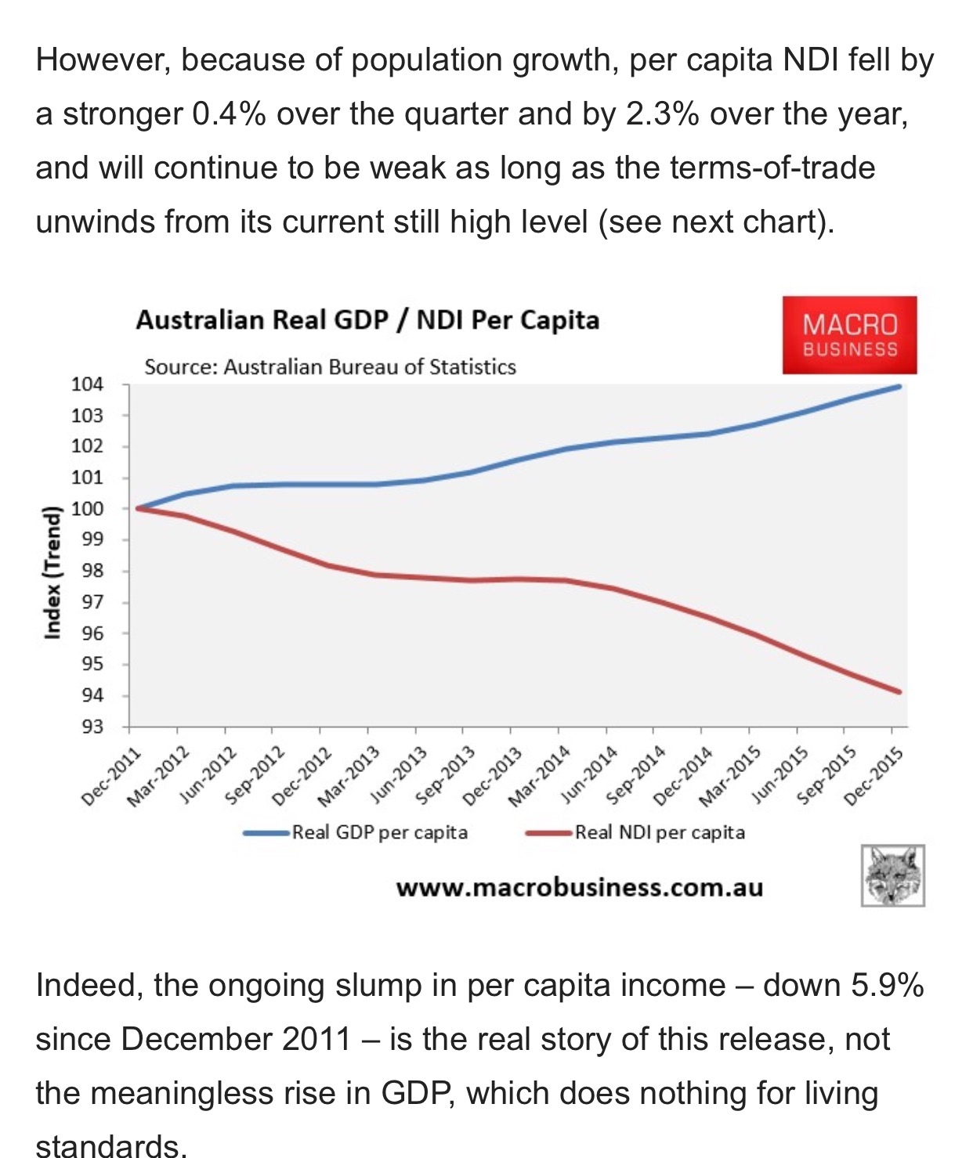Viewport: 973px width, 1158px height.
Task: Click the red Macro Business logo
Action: (x=849, y=335)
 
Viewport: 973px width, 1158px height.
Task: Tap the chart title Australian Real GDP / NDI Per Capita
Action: (x=367, y=320)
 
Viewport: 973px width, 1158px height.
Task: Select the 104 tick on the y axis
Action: (x=87, y=384)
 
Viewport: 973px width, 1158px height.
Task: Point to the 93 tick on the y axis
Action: (x=92, y=727)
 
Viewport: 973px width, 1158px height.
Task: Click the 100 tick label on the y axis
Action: (x=87, y=508)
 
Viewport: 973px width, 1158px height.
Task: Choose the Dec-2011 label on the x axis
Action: (x=111, y=776)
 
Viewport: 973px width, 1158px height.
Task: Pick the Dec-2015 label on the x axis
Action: (x=874, y=776)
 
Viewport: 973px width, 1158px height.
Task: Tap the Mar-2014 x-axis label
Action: (x=539, y=776)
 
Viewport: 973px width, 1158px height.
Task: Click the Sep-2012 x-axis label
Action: (x=253, y=776)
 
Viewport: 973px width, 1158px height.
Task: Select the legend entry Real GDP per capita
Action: (x=379, y=832)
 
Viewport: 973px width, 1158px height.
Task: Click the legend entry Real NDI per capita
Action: (x=659, y=832)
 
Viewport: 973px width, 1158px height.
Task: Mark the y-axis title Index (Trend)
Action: (x=52, y=572)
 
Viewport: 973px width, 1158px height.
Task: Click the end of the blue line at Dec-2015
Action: (x=899, y=387)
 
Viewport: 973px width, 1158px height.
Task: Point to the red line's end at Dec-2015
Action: (x=899, y=691)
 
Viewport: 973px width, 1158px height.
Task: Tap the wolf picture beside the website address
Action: (x=892, y=875)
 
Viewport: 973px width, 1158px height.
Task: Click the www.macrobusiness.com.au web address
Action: (x=579, y=888)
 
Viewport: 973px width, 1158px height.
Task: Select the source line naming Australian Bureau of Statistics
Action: (x=330, y=367)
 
